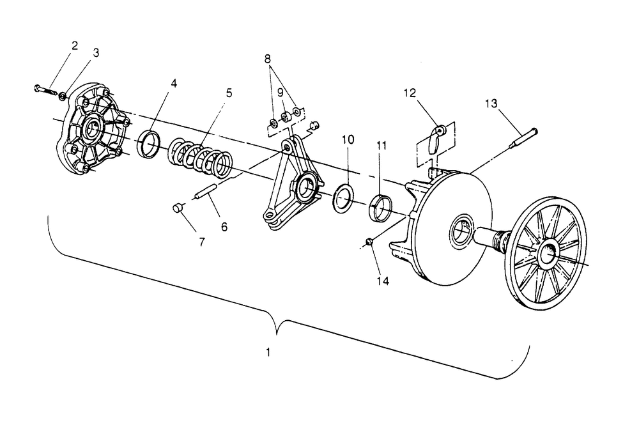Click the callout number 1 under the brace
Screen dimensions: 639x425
coord(268,352)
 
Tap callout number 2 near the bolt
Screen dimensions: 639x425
coord(75,45)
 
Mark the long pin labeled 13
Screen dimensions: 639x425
coord(523,139)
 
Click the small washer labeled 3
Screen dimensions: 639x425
coord(63,96)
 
